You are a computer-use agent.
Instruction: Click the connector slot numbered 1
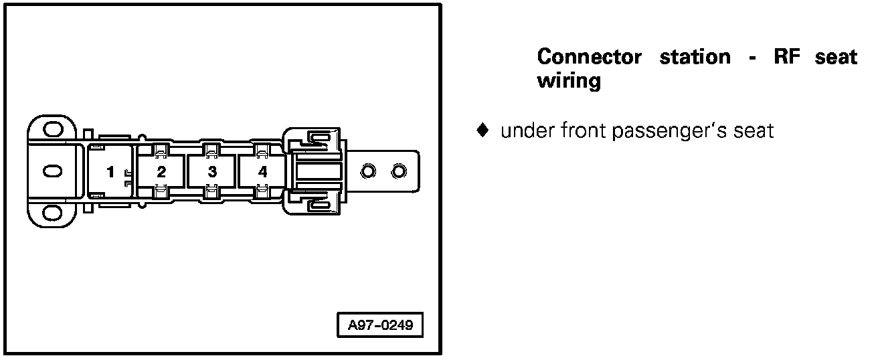click(x=110, y=172)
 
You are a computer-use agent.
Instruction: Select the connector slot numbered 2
click(x=161, y=172)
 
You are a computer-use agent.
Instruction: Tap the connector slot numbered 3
click(x=212, y=172)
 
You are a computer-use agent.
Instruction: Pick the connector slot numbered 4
click(x=262, y=172)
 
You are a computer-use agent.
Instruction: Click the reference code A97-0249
click(x=380, y=327)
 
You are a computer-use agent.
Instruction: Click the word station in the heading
click(x=695, y=57)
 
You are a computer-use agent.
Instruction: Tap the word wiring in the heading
click(x=569, y=81)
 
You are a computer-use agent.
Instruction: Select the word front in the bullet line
click(x=576, y=131)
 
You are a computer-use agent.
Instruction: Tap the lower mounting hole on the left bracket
click(x=52, y=214)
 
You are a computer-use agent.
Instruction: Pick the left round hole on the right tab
click(x=367, y=172)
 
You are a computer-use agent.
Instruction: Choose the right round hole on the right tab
click(x=399, y=172)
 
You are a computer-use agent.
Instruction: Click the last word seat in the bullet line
click(x=754, y=131)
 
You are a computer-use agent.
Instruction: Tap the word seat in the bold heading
click(x=836, y=57)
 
